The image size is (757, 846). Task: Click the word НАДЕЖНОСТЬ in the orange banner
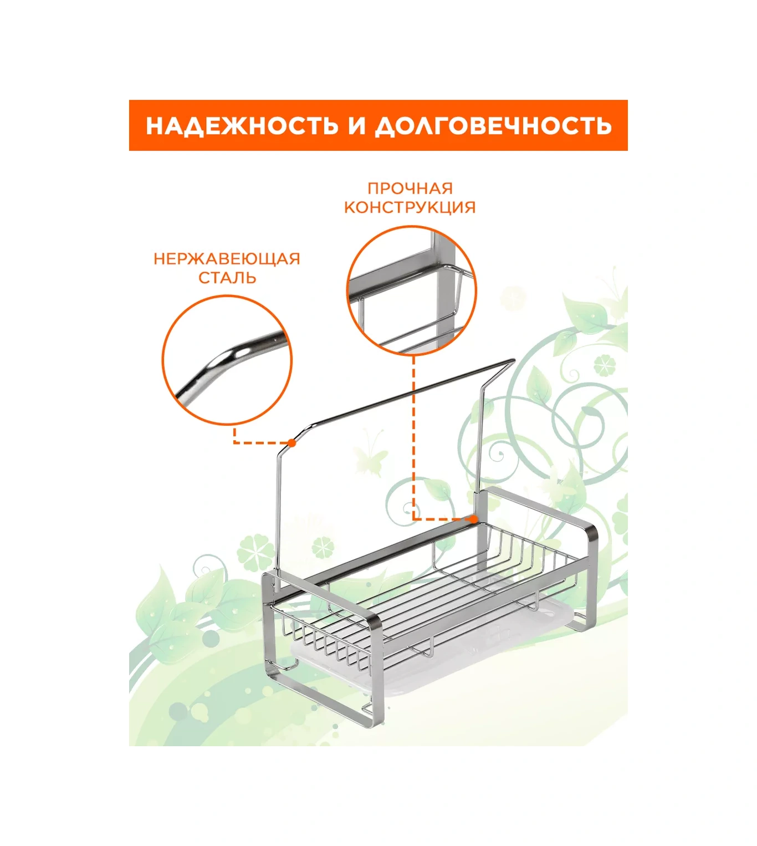click(x=241, y=125)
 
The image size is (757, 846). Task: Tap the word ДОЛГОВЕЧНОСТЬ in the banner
click(x=493, y=125)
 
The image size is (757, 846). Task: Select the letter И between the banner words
click(x=356, y=125)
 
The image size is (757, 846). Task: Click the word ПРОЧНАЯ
click(x=410, y=188)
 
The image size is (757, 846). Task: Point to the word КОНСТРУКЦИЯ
click(x=410, y=207)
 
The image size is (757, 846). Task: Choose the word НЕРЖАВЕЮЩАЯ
click(x=227, y=259)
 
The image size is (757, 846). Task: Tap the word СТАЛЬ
click(x=227, y=278)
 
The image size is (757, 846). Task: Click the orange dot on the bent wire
click(x=292, y=443)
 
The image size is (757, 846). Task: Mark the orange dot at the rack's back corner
click(x=473, y=519)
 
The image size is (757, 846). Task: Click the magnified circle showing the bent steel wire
click(x=227, y=360)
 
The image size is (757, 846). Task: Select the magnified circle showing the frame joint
click(x=412, y=290)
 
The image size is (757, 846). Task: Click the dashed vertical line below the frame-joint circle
click(x=414, y=436)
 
